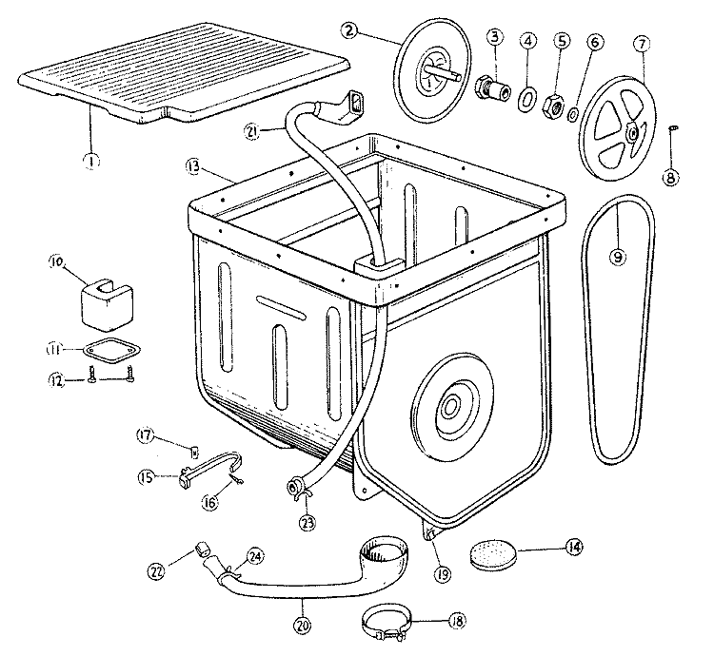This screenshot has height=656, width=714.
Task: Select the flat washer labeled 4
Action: pyautogui.click(x=525, y=98)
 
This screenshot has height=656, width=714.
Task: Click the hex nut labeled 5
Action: pyautogui.click(x=553, y=106)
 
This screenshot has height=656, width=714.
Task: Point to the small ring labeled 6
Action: pyautogui.click(x=575, y=114)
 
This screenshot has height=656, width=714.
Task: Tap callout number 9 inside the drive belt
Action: pyautogui.click(x=619, y=258)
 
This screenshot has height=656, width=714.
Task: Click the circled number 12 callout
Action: pyautogui.click(x=55, y=381)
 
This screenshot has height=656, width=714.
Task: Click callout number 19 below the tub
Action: pyautogui.click(x=440, y=574)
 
